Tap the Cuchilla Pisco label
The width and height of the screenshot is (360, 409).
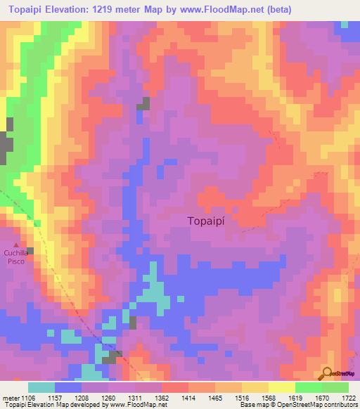click(x=15, y=257)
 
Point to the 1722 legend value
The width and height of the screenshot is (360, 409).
click(x=349, y=398)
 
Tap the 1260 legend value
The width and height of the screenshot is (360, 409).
click(x=109, y=398)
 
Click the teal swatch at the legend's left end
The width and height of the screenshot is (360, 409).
click(x=41, y=387)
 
